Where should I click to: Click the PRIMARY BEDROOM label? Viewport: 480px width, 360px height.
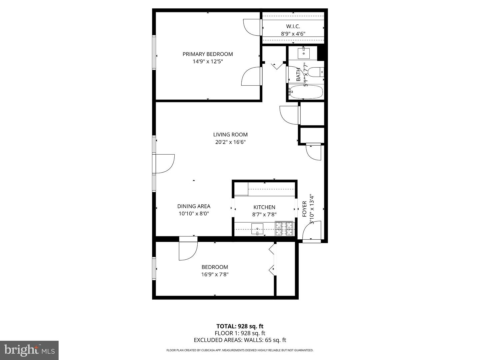(207, 54)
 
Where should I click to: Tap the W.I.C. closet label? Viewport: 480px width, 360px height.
(293, 26)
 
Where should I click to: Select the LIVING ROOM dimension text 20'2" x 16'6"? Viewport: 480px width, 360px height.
(230, 142)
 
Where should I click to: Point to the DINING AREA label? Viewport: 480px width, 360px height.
(194, 206)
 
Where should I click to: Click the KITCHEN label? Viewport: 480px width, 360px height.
(264, 207)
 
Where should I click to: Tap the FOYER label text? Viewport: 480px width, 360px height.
(304, 209)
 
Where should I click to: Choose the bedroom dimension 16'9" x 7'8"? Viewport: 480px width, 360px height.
(215, 274)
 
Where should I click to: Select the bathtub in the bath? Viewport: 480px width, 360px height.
(306, 92)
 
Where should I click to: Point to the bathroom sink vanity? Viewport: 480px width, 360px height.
(304, 53)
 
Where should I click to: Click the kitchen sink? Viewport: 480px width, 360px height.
(257, 229)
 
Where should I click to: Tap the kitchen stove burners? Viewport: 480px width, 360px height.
(284, 229)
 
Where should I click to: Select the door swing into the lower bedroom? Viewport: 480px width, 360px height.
(188, 250)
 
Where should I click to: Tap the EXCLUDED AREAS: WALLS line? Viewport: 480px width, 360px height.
(240, 340)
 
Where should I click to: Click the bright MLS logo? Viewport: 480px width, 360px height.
(29, 350)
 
